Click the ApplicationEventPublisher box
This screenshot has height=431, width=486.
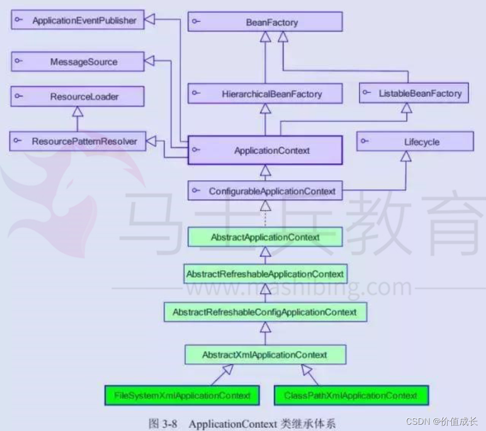(x=77, y=21)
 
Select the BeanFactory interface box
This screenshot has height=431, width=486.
(x=265, y=22)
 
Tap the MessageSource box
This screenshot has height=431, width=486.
(x=77, y=62)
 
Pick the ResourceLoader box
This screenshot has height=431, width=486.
(x=77, y=96)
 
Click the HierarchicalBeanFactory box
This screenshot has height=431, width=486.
(x=265, y=94)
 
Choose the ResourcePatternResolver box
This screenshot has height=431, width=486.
(x=77, y=141)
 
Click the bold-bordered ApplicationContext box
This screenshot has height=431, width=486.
(x=265, y=150)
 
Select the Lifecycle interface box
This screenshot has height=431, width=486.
(x=415, y=142)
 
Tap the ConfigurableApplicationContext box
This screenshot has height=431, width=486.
(x=265, y=191)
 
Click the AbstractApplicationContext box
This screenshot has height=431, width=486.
(x=265, y=237)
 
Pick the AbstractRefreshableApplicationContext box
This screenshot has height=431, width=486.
(x=265, y=274)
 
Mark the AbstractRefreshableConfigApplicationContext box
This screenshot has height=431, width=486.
(x=265, y=312)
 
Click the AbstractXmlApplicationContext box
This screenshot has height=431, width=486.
(x=265, y=355)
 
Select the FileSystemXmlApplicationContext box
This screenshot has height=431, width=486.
(x=183, y=395)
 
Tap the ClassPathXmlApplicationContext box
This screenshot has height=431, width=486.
(x=351, y=395)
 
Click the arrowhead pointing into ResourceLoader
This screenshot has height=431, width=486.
(x=77, y=111)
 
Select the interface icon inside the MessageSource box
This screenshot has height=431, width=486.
(x=18, y=62)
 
